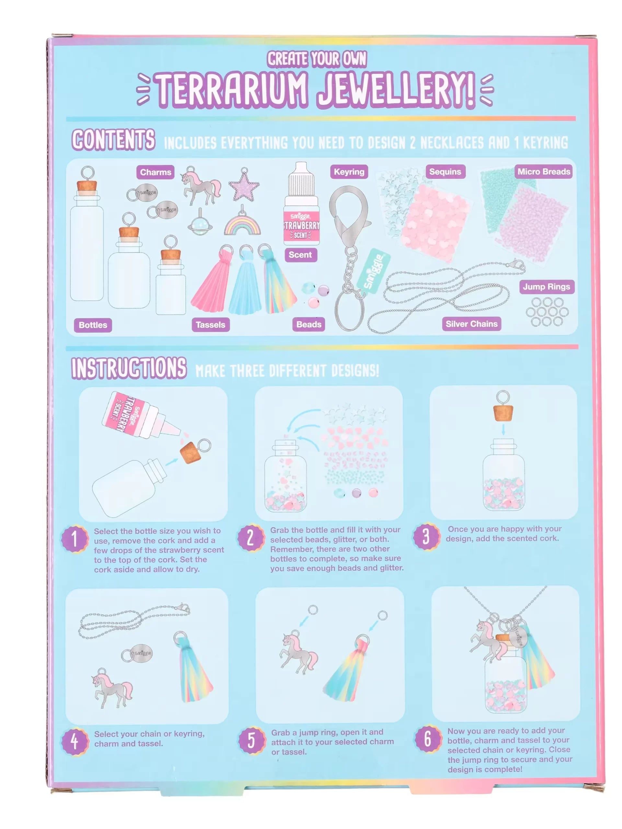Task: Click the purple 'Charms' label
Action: point(155,172)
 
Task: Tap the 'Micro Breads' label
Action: point(544,172)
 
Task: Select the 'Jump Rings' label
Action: point(546,287)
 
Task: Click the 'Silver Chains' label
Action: point(471,324)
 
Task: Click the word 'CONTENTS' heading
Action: point(113,140)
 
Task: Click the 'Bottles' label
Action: point(93,325)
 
